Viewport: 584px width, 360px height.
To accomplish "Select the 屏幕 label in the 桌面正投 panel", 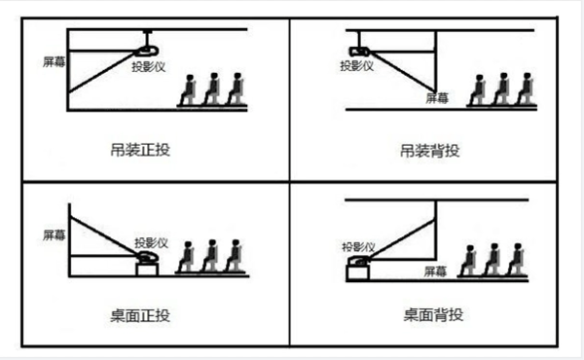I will coord(55,234).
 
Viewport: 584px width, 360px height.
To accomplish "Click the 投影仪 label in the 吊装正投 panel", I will coord(150,66).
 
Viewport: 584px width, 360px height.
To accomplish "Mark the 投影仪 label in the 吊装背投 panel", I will coord(357,66).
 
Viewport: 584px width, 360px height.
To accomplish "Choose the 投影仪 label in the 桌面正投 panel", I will coord(153,241).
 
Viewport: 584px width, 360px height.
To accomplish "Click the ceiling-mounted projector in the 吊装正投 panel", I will coord(147,50).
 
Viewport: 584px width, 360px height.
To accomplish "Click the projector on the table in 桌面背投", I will coord(358,261).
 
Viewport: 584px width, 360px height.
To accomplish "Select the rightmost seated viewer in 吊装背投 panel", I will coord(525,89).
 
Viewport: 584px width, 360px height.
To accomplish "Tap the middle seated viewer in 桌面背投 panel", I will coord(493,259).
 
